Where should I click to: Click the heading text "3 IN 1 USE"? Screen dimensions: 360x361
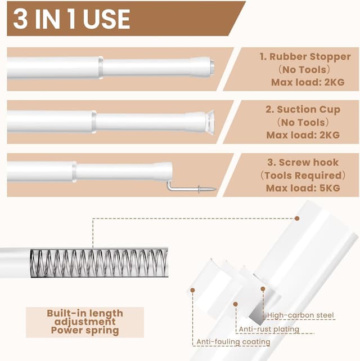click(71, 19)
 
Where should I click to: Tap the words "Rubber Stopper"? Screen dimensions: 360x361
click(310, 57)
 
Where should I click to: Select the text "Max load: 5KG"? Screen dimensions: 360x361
click(303, 188)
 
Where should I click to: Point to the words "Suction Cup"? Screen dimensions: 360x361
click(308, 109)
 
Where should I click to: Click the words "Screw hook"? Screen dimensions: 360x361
click(309, 162)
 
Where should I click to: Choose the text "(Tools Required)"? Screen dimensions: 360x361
click(303, 175)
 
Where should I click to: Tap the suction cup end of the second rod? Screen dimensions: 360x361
click(210, 122)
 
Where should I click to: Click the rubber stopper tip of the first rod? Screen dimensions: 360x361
click(212, 66)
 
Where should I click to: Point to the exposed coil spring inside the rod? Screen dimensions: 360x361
click(99, 262)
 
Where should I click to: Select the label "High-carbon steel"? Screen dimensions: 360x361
click(300, 315)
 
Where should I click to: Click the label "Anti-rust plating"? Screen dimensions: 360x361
click(269, 329)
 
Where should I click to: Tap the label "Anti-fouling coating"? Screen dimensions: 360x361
click(233, 342)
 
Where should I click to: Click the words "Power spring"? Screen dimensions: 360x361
click(85, 331)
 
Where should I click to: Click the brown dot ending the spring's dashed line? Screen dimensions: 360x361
click(297, 219)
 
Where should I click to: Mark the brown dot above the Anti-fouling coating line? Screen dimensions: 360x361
click(192, 290)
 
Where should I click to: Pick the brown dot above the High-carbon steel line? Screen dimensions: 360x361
click(263, 289)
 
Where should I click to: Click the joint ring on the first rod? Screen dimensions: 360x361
click(101, 68)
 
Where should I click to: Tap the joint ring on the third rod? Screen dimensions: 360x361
click(74, 172)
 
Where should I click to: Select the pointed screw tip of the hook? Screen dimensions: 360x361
click(215, 189)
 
